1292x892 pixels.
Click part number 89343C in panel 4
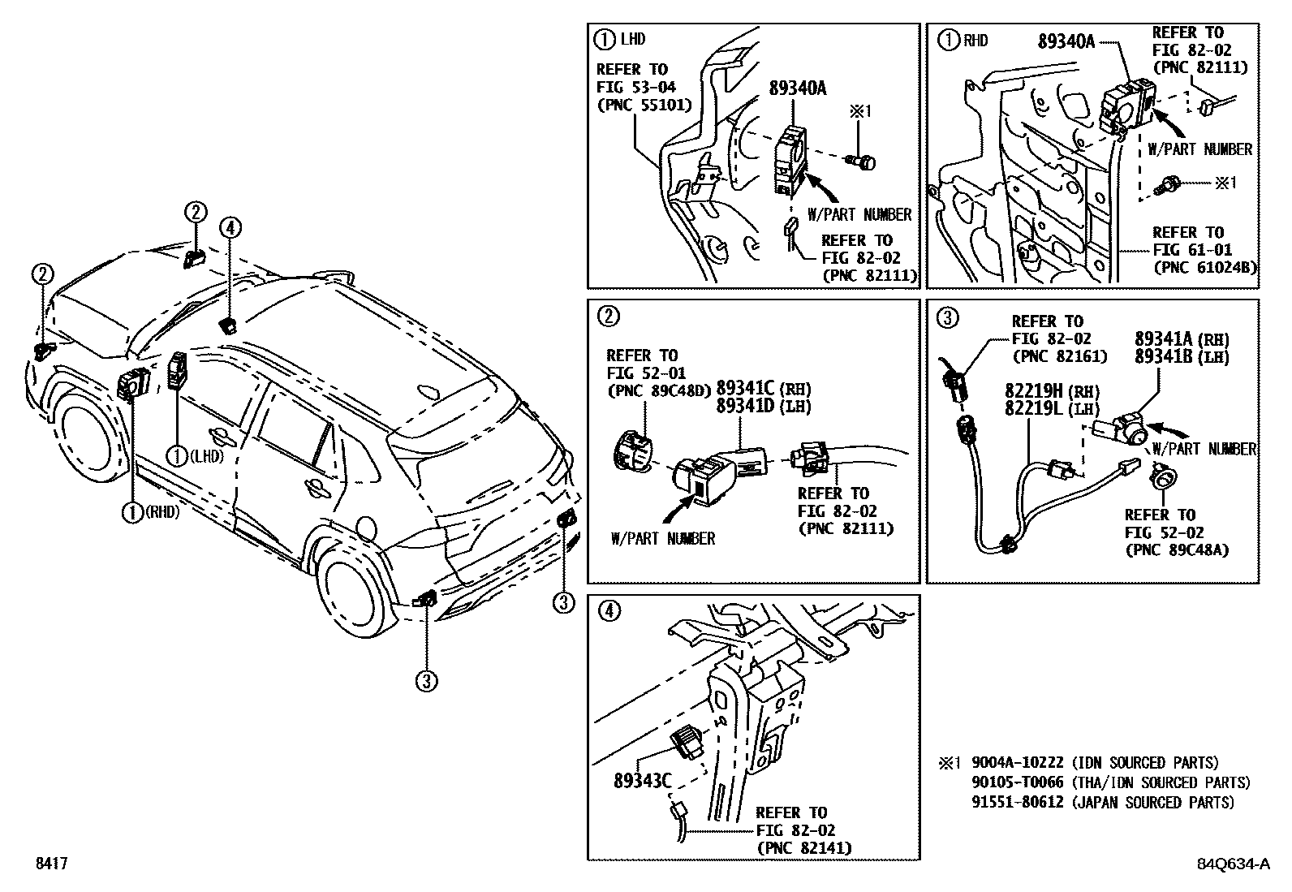pyautogui.click(x=642, y=781)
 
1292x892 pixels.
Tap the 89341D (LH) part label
pyautogui.click(x=764, y=407)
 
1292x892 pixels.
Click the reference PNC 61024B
pyautogui.click(x=1204, y=268)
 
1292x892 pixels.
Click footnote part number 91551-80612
pyautogui.click(x=1018, y=802)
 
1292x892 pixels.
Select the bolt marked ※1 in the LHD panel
pyautogui.click(x=863, y=163)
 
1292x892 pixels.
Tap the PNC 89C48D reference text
pyautogui.click(x=658, y=390)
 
